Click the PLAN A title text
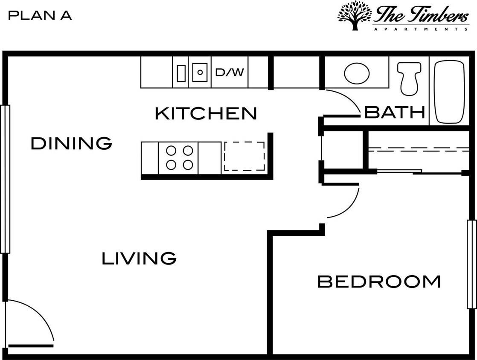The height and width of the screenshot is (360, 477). tap(40, 16)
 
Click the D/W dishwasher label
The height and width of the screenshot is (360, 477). tap(230, 72)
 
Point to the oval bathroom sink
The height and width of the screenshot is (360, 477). tap(357, 73)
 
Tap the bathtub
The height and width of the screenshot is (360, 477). tap(449, 92)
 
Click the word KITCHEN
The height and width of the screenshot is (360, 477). tap(206, 113)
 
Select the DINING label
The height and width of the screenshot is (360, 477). tap(71, 143)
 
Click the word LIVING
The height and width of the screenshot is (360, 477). tap(139, 258)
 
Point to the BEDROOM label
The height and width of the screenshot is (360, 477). tap(379, 282)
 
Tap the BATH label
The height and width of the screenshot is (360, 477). tap(395, 112)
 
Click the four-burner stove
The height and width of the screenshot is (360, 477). tap(178, 158)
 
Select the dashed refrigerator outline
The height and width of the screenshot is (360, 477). tap(244, 157)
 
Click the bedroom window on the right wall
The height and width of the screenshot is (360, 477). tap(471, 264)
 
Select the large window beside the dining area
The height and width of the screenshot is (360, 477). tap(5, 179)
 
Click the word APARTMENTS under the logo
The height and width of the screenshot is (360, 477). tap(421, 29)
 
